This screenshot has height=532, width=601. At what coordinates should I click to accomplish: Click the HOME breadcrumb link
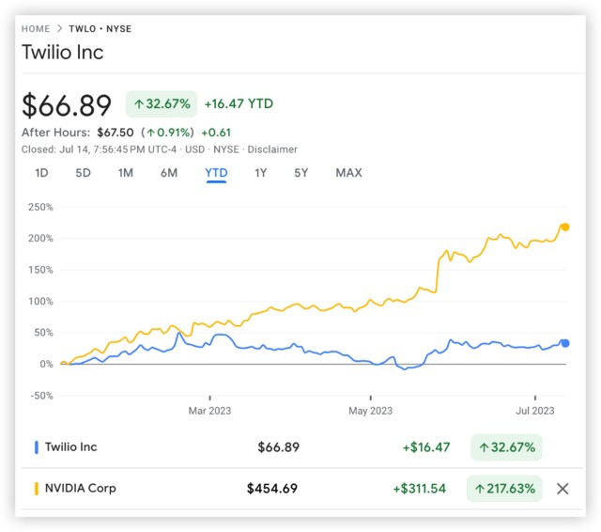36,29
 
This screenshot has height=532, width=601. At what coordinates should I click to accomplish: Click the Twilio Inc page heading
63,53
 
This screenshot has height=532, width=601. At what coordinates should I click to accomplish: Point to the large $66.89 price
67,104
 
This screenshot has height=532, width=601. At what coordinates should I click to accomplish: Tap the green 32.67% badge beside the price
162,103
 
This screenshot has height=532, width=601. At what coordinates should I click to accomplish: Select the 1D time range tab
41,173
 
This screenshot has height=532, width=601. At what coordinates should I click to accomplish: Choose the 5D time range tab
83,173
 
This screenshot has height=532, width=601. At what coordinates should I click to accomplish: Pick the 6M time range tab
169,173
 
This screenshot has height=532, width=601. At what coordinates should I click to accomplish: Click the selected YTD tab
216,173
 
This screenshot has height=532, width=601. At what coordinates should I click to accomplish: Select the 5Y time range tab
300,173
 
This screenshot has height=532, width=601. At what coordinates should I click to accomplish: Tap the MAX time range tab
348,173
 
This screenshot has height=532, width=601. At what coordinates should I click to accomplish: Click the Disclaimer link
273,149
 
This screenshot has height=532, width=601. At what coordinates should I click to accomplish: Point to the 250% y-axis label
39,207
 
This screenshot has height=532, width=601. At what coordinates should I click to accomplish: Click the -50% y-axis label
39,396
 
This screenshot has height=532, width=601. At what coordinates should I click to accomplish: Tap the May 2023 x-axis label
370,411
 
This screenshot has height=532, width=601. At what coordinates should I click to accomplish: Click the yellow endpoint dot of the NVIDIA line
564,227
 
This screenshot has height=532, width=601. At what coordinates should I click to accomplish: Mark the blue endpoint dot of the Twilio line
564,343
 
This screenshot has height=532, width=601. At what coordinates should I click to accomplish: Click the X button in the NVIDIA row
562,489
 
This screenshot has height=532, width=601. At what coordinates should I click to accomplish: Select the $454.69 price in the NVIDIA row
272,489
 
